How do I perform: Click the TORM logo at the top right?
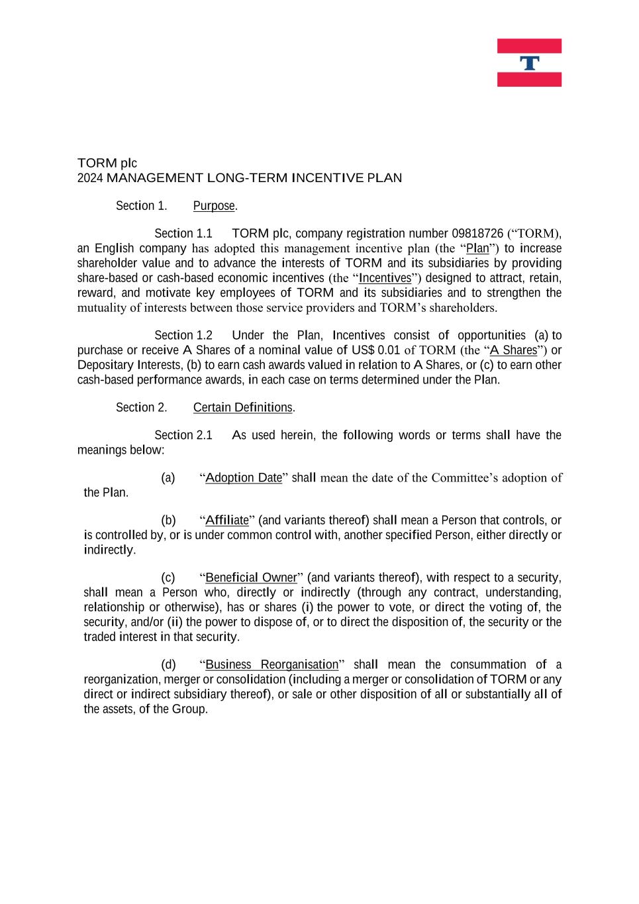pyautogui.click(x=529, y=63)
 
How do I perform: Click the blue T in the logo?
pyautogui.click(x=529, y=64)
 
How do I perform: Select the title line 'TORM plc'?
pyautogui.click(x=107, y=163)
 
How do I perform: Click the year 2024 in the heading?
pyautogui.click(x=90, y=178)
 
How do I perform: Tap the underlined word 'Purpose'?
pyautogui.click(x=214, y=206)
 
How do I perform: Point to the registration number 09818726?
pyautogui.click(x=477, y=234)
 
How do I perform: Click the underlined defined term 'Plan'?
pyautogui.click(x=477, y=249)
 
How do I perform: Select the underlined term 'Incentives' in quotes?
pyautogui.click(x=385, y=278)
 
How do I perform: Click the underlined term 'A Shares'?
pyautogui.click(x=513, y=350)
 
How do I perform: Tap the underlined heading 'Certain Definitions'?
pyautogui.click(x=242, y=408)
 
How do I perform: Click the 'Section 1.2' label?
pyautogui.click(x=183, y=336)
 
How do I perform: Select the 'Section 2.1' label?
pyautogui.click(x=183, y=435)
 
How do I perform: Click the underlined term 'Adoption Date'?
pyautogui.click(x=244, y=478)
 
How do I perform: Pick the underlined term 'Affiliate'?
pyautogui.click(x=227, y=521)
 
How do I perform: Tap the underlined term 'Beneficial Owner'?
pyautogui.click(x=251, y=578)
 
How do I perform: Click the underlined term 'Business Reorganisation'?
pyautogui.click(x=271, y=665)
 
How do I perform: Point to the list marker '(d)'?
pyautogui.click(x=168, y=665)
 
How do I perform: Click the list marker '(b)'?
pyautogui.click(x=168, y=521)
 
